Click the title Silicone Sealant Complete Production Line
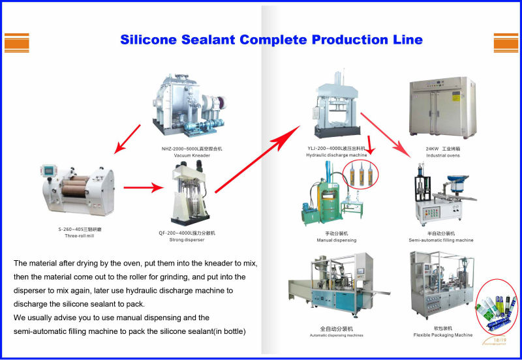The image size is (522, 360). pos(271,39)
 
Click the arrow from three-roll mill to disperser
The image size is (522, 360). pos(143,188)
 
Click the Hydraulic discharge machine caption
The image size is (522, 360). pos(336,155)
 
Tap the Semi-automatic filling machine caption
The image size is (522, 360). pos(441,240)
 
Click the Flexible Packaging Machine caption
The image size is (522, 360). pos(441,335)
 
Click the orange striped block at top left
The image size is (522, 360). pos(17,42)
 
